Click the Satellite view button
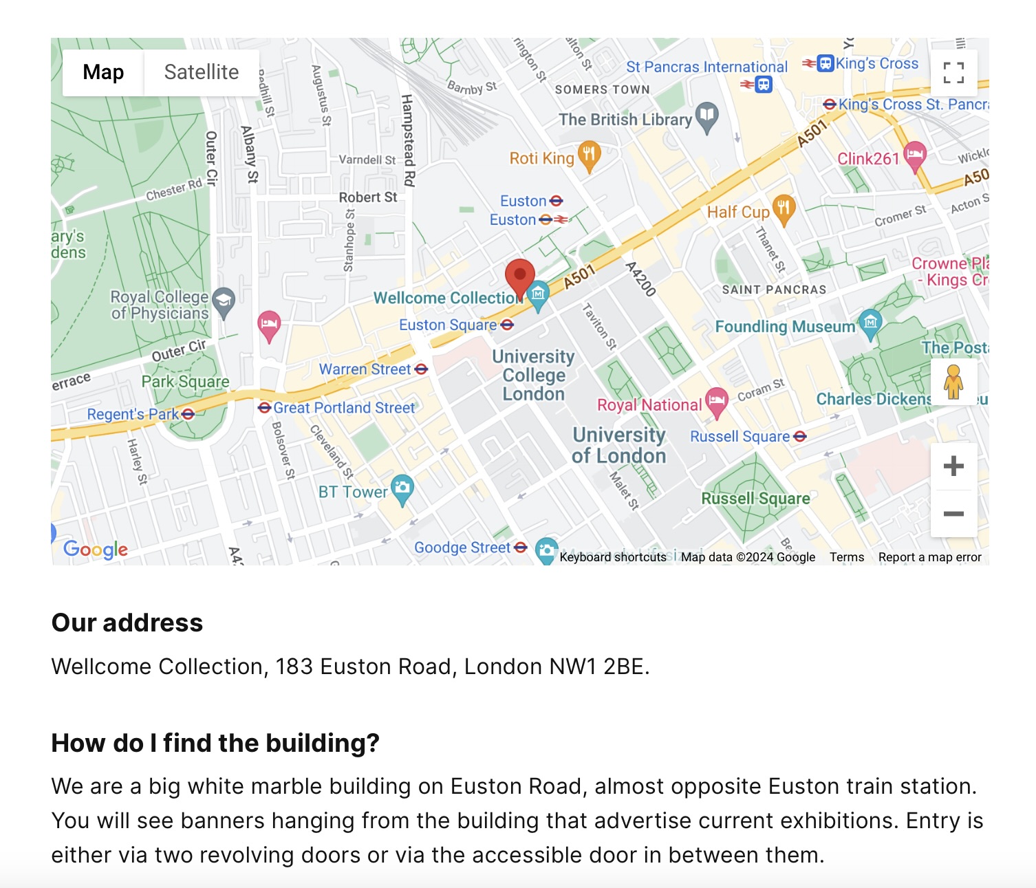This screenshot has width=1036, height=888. [x=201, y=72]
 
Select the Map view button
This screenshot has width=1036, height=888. [x=103, y=72]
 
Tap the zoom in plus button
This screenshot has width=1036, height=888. [x=953, y=466]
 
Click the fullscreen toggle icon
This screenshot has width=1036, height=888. [x=953, y=72]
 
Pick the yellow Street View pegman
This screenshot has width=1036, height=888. [x=953, y=382]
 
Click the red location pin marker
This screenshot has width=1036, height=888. [x=520, y=277]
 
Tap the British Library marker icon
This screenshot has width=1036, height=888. [x=706, y=117]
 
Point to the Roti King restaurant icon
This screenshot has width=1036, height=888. [x=588, y=155]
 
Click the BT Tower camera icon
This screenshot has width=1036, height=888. [x=402, y=489]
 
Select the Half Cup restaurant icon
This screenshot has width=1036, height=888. [x=784, y=208]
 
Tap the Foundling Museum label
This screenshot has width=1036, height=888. [x=784, y=327]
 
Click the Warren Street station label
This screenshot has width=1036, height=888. [x=365, y=369]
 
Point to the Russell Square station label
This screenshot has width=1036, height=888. [x=740, y=437]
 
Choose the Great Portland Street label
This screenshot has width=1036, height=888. [x=344, y=408]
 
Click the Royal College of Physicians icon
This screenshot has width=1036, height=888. [x=224, y=301]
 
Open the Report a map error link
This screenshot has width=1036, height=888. [x=929, y=557]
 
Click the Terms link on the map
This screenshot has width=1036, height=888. [x=846, y=557]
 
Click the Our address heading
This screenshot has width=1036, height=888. [x=127, y=622]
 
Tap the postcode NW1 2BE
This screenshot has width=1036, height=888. [x=598, y=667]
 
